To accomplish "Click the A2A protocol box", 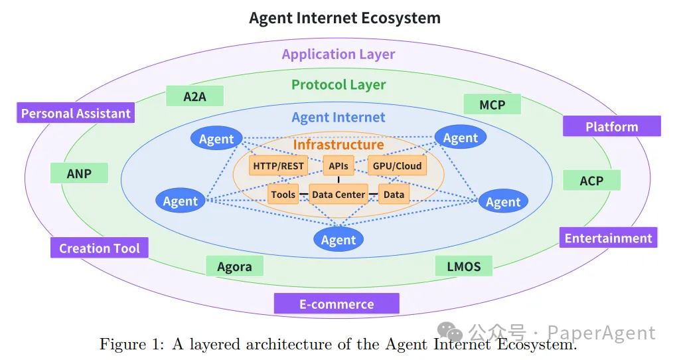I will tap(194, 96).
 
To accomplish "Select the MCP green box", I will tap(492, 104).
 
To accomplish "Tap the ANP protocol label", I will tap(79, 174).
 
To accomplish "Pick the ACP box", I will tap(591, 180).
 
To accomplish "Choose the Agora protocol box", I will tap(234, 266).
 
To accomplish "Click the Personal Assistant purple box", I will tap(76, 113).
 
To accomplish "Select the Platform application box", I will tap(611, 126).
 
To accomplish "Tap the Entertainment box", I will tap(608, 238).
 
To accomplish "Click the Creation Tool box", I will tap(100, 248).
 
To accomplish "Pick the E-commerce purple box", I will tap(337, 304).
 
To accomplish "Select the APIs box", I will tap(338, 165).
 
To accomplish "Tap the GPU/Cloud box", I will tap(397, 165).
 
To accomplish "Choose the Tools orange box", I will tap(283, 195).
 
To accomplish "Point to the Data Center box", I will tap(338, 195).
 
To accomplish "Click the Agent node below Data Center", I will tap(338, 240).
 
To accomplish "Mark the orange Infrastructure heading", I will tap(338, 144).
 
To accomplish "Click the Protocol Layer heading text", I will tap(338, 84).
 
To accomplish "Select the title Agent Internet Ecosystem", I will tap(344, 18).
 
